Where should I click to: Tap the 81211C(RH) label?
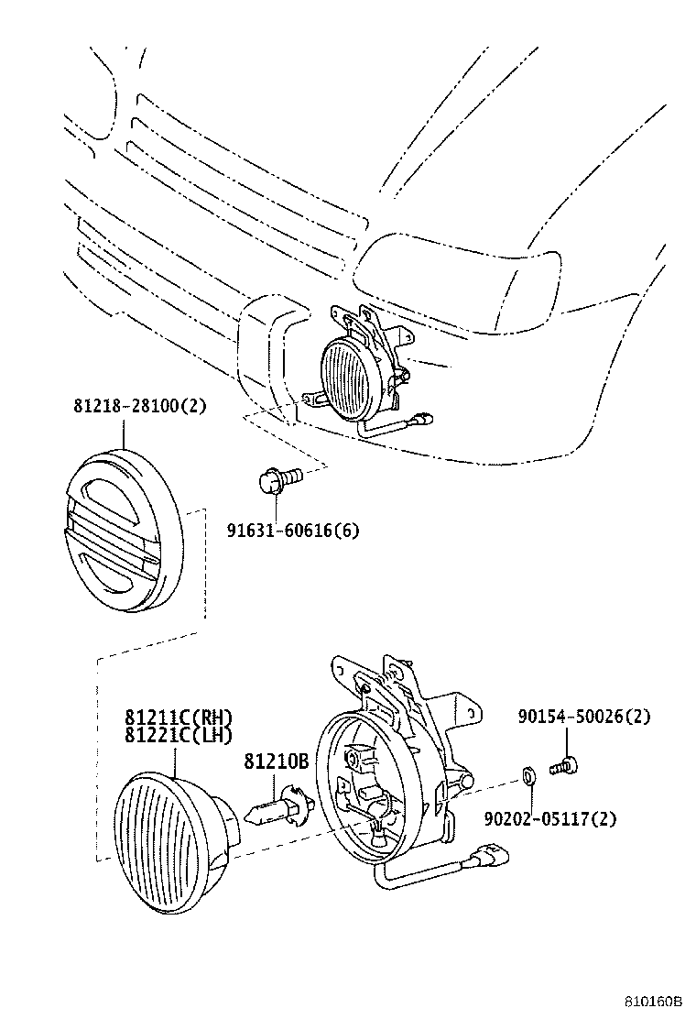179,718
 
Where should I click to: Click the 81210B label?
276,762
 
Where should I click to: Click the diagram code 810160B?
655,1003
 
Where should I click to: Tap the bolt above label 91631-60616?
278,479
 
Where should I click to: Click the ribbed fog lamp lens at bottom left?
174,842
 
